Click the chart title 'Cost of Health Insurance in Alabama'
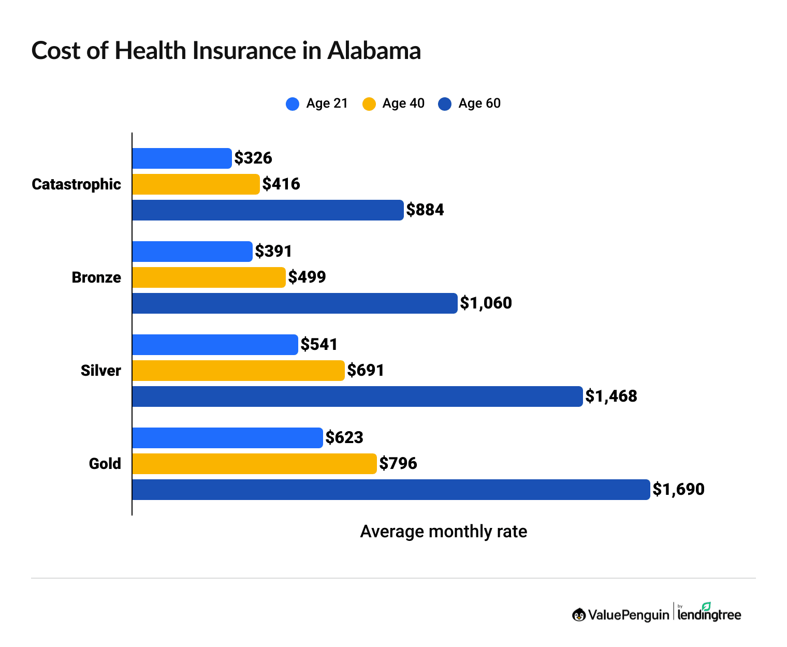tap(226, 51)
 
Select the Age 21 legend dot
tap(293, 104)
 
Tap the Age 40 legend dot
tap(369, 104)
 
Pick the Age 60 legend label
tap(479, 104)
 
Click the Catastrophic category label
tap(76, 184)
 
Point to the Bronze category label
tap(96, 277)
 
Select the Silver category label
tap(101, 371)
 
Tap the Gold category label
tap(105, 464)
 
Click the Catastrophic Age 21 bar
tap(182, 158)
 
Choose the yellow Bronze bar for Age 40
tap(209, 277)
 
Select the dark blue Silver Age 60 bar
tap(357, 396)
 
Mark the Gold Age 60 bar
tap(391, 490)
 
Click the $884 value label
tap(425, 210)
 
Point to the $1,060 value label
tap(486, 303)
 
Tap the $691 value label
tap(366, 371)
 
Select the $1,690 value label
tap(678, 490)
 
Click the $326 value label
tap(253, 158)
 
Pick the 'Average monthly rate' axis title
tap(443, 532)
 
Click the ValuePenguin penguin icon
tap(579, 615)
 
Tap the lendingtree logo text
tap(709, 614)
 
